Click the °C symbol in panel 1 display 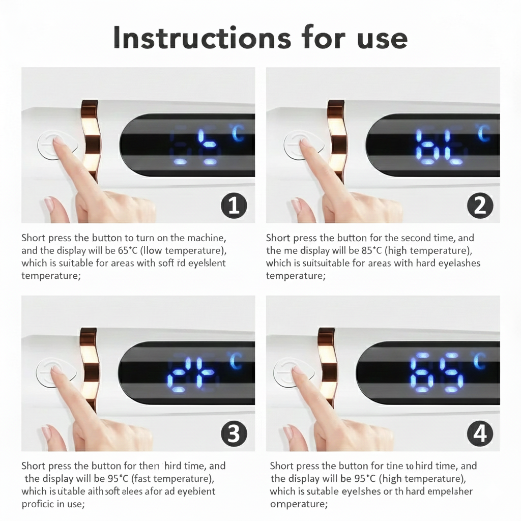point(238,133)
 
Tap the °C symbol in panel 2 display point(483,133)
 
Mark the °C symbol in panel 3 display point(236,361)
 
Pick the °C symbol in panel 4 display point(480,361)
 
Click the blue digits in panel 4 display point(437,372)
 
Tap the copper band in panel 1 point(90,140)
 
